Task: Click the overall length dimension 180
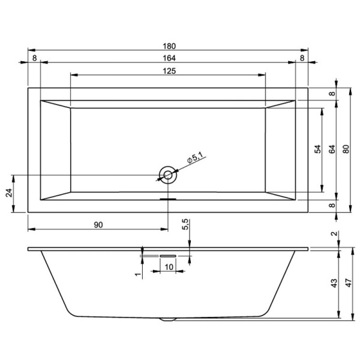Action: click(168, 45)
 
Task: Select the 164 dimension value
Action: click(168, 58)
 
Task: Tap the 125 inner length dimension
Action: click(168, 71)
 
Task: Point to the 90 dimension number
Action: click(99, 224)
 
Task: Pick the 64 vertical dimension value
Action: click(331, 150)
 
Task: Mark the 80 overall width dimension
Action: click(345, 150)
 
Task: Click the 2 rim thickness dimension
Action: click(333, 235)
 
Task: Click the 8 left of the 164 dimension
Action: click(34, 58)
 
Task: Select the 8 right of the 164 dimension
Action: click(302, 58)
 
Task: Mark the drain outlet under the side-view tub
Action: click(168, 319)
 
